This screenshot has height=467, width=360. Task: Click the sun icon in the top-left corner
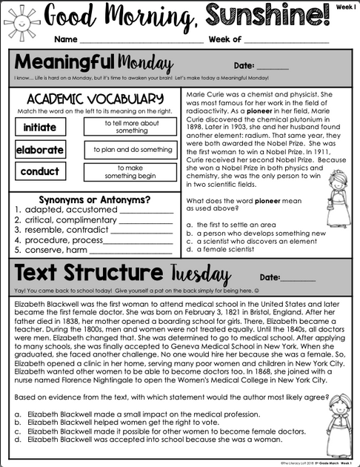click(x=16, y=16)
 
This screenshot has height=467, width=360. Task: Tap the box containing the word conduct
click(x=39, y=172)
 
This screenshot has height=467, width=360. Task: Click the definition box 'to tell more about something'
click(x=130, y=127)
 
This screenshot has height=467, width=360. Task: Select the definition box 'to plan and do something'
click(x=130, y=150)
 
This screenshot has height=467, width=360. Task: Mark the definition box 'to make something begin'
click(x=130, y=172)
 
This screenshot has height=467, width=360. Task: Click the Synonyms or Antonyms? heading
click(x=93, y=200)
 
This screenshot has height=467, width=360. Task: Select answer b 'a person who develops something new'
click(x=256, y=233)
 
